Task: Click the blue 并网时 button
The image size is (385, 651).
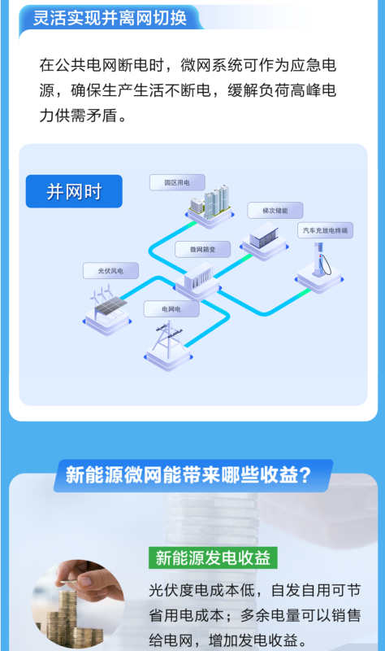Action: click(74, 191)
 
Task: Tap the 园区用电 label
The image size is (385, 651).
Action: click(177, 182)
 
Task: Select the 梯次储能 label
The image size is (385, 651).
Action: click(275, 211)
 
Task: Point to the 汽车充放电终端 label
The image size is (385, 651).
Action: click(326, 230)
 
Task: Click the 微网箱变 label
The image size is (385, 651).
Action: click(203, 249)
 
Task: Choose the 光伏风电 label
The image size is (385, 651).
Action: click(110, 271)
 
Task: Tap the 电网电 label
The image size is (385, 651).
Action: click(171, 309)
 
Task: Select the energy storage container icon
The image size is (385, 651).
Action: click(265, 241)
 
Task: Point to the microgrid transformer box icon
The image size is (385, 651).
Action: click(197, 280)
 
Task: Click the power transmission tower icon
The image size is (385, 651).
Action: click(168, 345)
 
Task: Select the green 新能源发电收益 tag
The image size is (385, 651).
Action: click(213, 558)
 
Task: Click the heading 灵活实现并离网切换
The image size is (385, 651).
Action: click(110, 18)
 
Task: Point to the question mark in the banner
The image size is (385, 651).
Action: click(305, 475)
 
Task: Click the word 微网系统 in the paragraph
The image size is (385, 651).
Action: click(211, 65)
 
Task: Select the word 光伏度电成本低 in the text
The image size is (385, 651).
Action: click(201, 590)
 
